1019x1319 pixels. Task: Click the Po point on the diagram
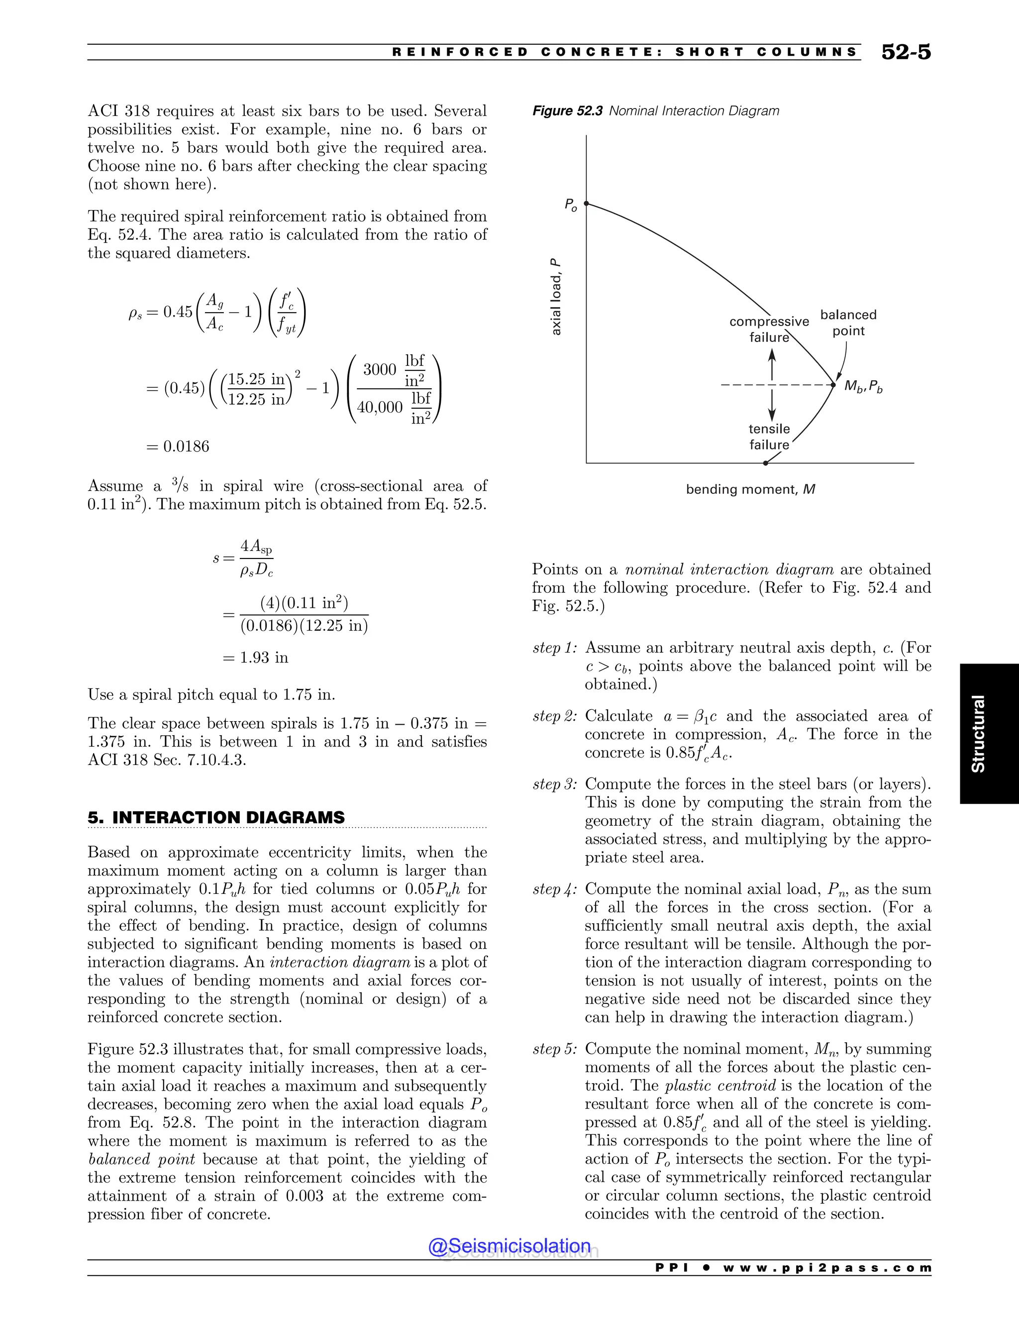coord(586,204)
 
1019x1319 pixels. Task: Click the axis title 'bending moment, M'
coord(750,489)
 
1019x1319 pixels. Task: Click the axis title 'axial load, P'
coord(556,297)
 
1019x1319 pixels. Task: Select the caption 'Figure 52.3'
coord(567,111)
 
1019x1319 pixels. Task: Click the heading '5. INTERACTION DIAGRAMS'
coord(216,818)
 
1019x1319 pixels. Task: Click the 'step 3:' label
coord(555,784)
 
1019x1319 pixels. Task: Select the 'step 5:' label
coord(555,1049)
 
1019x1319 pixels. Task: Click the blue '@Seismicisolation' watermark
coord(509,1246)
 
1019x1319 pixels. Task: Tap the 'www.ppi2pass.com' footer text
coord(826,1268)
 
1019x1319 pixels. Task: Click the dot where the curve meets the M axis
coord(765,463)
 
